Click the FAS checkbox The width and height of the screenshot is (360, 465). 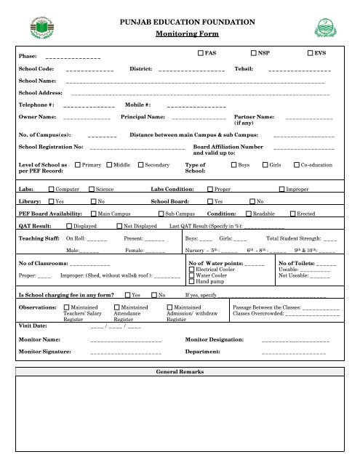[201, 54]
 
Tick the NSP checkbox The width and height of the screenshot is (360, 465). [254, 54]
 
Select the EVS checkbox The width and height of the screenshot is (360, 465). [311, 54]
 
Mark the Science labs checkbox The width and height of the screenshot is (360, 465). [92, 189]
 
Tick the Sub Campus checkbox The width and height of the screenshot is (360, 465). [161, 214]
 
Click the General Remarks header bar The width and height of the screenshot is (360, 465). [180, 371]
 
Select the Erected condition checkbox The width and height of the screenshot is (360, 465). [292, 214]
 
